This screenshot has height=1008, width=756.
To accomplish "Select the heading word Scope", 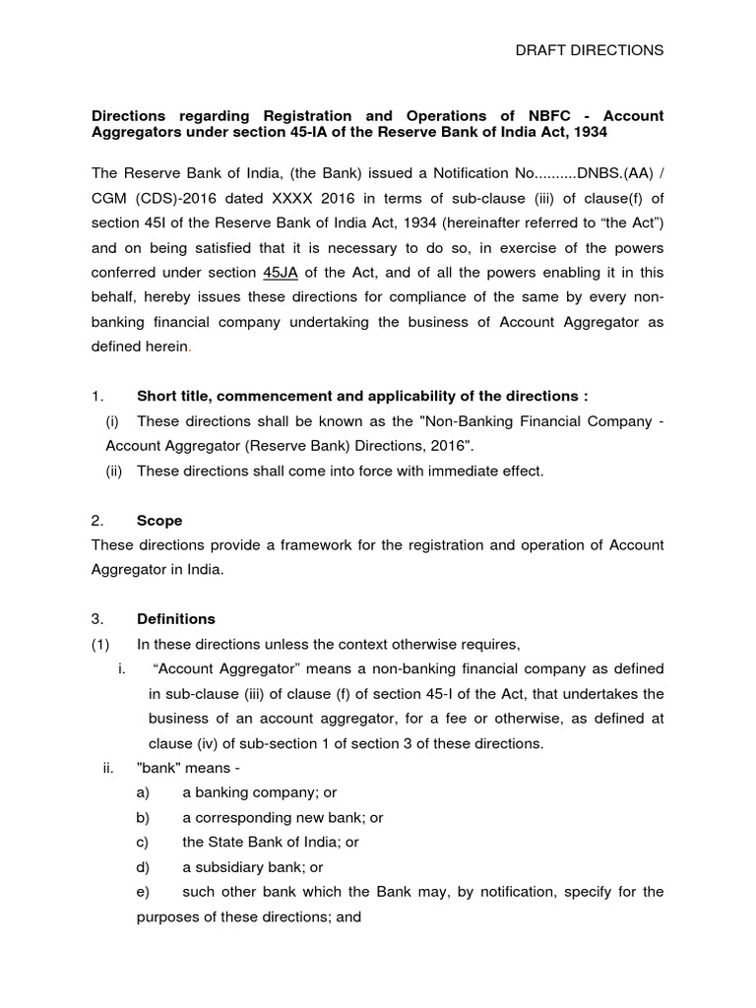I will [159, 520].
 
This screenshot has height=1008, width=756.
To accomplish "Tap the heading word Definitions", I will [176, 619].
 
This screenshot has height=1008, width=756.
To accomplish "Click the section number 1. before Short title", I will [96, 396].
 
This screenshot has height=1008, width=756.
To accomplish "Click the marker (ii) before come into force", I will [115, 471].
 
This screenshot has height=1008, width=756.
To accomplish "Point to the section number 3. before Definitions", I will [96, 619].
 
